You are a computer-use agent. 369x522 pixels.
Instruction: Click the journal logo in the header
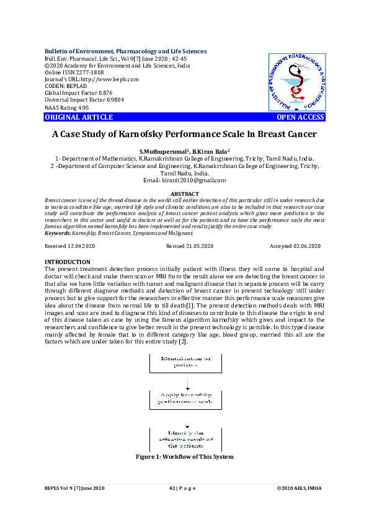click(296, 81)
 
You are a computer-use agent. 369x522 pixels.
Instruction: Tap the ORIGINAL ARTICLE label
click(79, 117)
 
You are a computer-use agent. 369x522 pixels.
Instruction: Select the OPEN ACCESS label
click(300, 117)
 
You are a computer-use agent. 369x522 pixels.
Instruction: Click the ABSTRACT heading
click(185, 194)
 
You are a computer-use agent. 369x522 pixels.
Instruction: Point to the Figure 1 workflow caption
click(185, 457)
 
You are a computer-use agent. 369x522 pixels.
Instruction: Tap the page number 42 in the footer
click(172, 489)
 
